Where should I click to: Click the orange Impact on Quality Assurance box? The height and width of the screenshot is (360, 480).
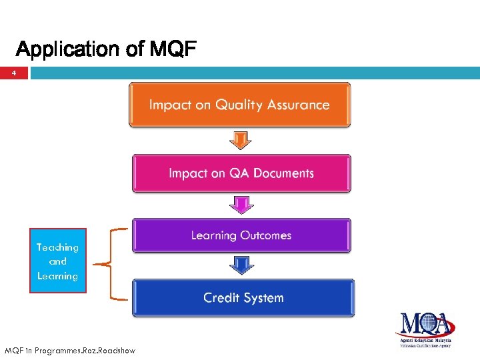point(239,105)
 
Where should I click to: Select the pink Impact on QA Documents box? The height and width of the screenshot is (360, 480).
point(241,173)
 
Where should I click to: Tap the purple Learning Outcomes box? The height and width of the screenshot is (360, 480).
point(241,235)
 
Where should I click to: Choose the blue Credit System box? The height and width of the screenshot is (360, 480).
point(243,298)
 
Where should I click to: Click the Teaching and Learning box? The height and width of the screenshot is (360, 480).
point(57,261)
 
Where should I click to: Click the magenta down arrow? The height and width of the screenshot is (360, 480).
point(241,205)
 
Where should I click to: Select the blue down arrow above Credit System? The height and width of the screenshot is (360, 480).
point(241,266)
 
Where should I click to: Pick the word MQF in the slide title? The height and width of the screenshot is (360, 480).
point(173,49)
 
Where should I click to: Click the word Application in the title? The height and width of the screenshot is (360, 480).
point(66,49)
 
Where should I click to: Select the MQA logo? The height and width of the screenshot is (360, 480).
point(425,329)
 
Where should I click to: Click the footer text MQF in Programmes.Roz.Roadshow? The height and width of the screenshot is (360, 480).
point(69,350)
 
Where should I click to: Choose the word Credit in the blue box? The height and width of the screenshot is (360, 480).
point(222,298)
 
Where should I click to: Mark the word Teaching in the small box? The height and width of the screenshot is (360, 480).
point(57,247)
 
